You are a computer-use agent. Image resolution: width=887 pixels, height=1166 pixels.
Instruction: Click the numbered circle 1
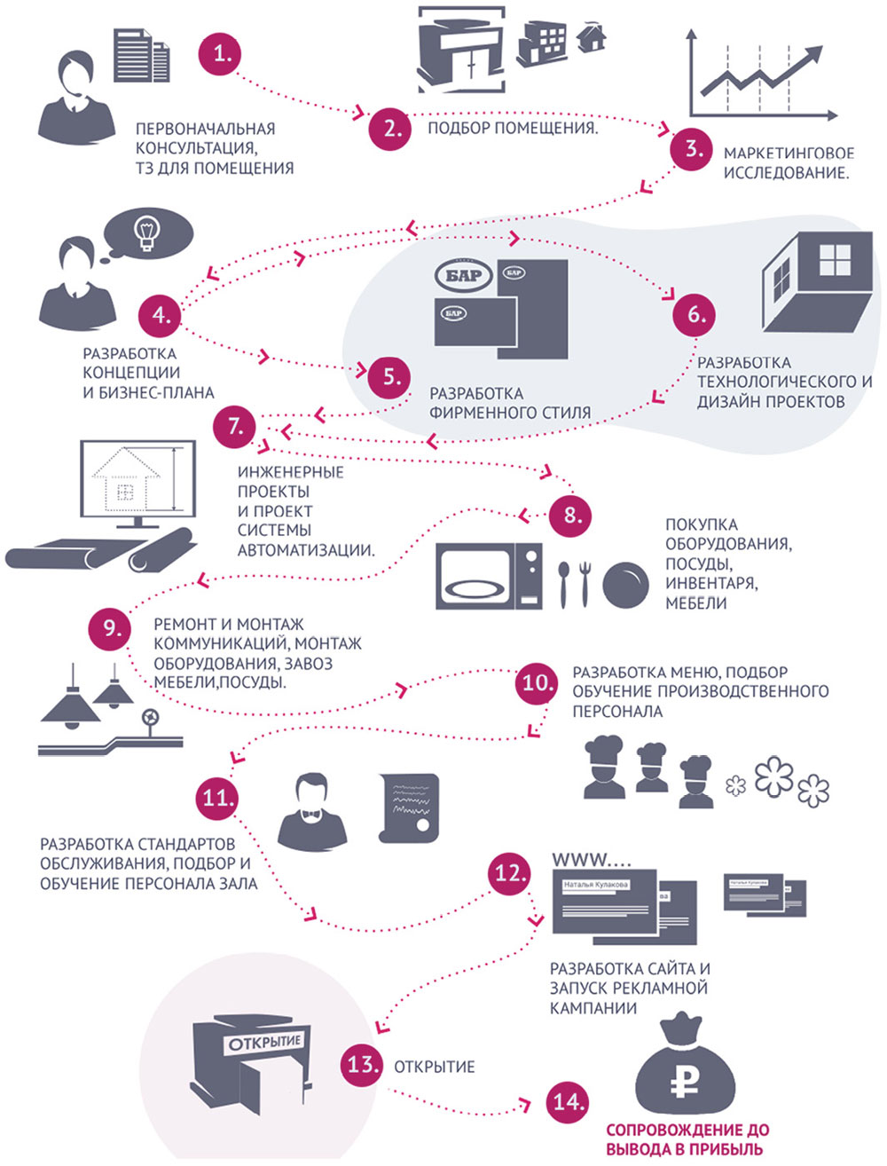click(220, 54)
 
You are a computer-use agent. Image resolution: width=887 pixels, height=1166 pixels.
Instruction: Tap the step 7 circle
click(235, 427)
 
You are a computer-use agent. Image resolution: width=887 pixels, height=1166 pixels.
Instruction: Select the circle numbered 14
click(567, 1102)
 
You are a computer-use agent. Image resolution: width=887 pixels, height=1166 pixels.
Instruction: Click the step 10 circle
click(537, 683)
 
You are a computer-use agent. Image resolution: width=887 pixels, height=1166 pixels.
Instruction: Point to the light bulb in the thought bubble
click(145, 231)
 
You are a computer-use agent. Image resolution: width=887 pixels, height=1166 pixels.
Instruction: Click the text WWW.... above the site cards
click(593, 859)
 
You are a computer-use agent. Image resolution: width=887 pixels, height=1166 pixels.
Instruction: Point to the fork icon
click(583, 584)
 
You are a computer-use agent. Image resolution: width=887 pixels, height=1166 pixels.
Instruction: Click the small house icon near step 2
click(591, 37)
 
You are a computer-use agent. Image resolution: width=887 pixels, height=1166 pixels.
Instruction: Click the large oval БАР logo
click(464, 275)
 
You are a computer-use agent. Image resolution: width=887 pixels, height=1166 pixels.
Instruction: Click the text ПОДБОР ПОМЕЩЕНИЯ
click(513, 129)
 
